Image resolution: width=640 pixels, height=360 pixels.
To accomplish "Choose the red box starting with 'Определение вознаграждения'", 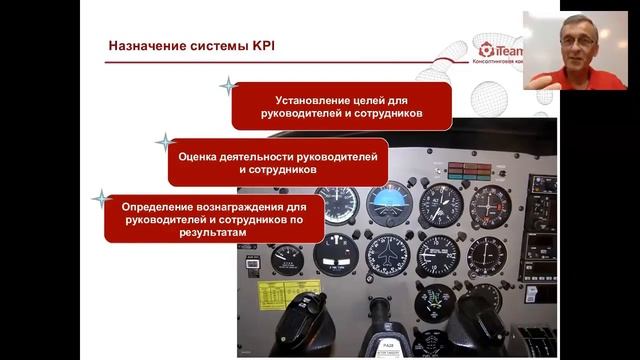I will (212, 218).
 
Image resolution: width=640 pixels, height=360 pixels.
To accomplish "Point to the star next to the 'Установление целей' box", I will (228, 87).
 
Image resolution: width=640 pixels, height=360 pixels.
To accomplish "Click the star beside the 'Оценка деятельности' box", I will (164, 142).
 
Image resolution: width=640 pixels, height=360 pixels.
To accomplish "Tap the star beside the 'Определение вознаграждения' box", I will (100, 198).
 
